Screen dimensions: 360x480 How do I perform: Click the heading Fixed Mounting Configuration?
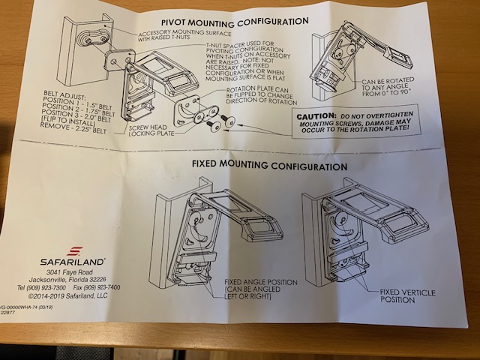tap(259, 166)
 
